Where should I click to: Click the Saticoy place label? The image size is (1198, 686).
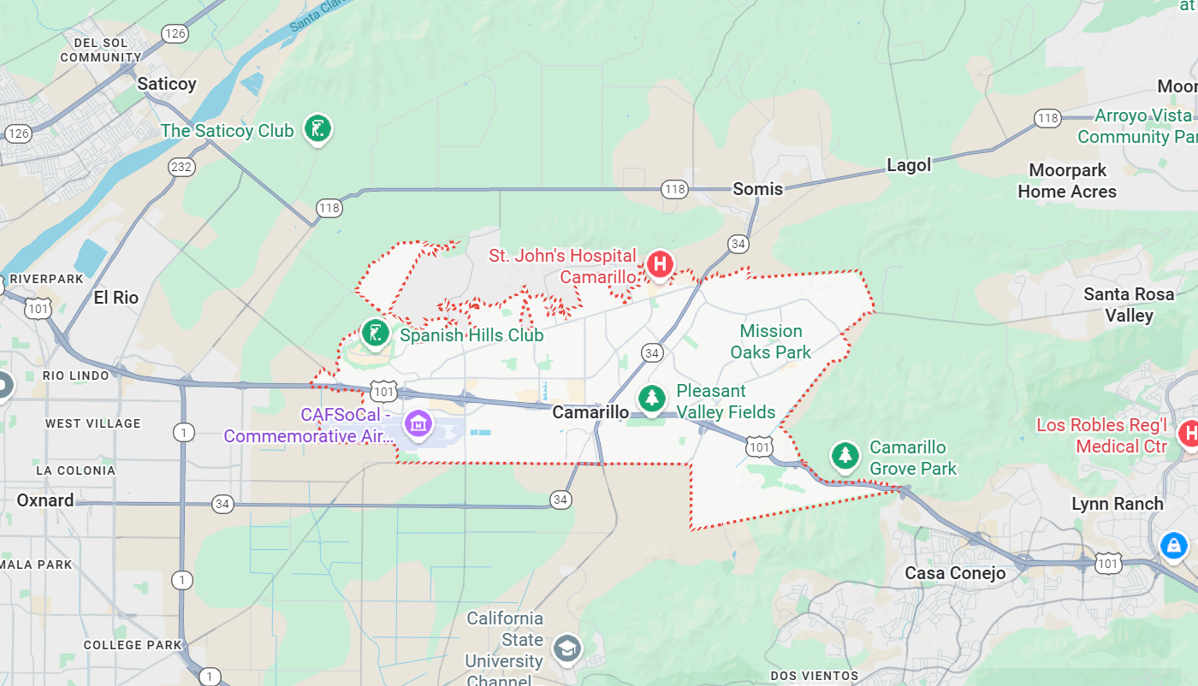click(x=167, y=84)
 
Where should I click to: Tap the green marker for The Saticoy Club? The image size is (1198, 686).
click(x=317, y=129)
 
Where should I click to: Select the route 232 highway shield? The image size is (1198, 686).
click(x=181, y=167)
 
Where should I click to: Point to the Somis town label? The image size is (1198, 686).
click(x=757, y=189)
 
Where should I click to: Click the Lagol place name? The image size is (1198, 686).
click(x=908, y=165)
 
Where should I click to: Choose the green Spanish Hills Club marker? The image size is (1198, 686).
click(x=375, y=333)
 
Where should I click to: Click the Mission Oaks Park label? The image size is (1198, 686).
click(x=771, y=341)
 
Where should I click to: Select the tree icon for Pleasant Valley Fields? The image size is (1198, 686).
click(x=652, y=398)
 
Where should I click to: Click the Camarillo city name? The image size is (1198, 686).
click(x=590, y=412)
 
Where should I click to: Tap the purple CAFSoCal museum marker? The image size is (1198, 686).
click(x=418, y=422)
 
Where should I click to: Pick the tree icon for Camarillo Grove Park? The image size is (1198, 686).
click(x=845, y=455)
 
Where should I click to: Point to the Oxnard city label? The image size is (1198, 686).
click(x=45, y=500)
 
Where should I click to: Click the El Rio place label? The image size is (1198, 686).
click(x=116, y=298)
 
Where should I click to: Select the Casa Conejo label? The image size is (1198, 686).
click(x=955, y=573)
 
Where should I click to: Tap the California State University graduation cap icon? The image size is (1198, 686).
click(x=566, y=648)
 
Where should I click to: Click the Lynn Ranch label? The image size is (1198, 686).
click(x=1117, y=504)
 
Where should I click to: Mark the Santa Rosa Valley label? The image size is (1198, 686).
click(x=1129, y=305)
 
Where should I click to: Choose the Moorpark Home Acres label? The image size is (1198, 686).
click(x=1067, y=180)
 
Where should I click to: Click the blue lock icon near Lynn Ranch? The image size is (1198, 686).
click(x=1173, y=544)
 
